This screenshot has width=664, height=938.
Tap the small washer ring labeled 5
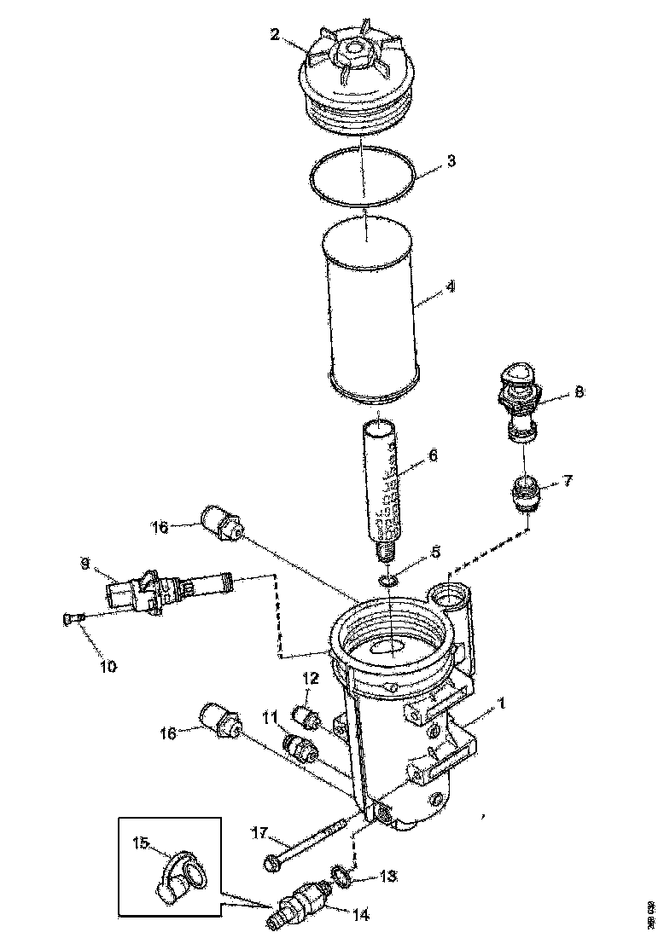click(388, 580)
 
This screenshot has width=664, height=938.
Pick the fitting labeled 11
click(300, 748)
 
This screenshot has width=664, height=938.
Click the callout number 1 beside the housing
click(503, 704)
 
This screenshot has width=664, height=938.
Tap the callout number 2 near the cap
click(275, 34)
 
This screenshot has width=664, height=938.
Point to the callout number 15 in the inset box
click(141, 842)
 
